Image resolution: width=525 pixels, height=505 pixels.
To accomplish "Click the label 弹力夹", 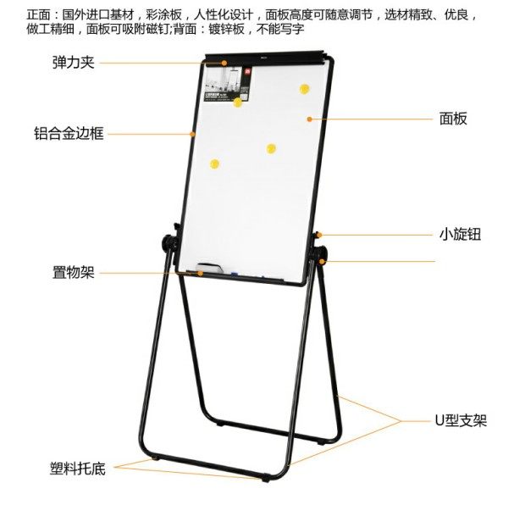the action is pos(72,63).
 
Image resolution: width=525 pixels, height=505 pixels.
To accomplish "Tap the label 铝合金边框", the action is pos(69,133).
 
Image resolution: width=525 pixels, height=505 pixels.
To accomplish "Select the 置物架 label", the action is pos(72,273).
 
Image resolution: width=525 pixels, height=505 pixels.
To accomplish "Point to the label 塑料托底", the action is pos(76,468).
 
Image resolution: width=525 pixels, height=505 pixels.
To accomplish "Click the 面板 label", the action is pos(453,119).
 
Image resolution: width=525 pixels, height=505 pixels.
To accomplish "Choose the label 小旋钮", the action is pos(460,234).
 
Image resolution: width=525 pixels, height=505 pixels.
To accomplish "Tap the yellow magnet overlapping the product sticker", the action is pos(238,103).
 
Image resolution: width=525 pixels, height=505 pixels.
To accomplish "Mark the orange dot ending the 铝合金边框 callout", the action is pos(194,133).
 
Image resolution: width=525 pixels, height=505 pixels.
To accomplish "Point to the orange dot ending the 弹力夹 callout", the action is pos(224,62).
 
